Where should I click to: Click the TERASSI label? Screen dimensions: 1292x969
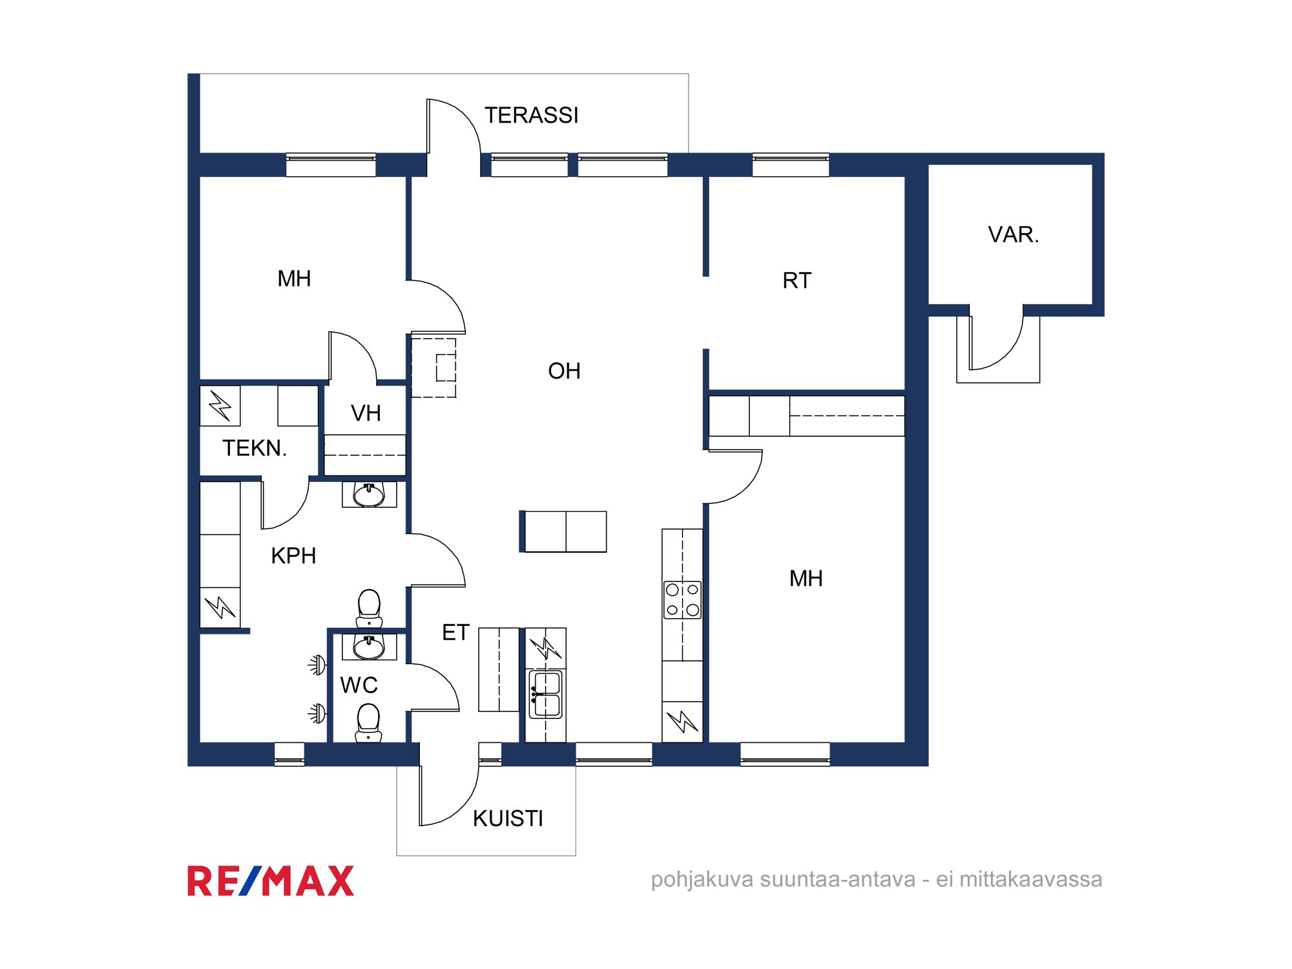(531, 116)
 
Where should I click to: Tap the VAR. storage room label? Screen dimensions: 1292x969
(1013, 234)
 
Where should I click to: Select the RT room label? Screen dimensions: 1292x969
(797, 280)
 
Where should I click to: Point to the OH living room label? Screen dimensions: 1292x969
(564, 371)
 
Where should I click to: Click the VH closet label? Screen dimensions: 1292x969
(366, 413)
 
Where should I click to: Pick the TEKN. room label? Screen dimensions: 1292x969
(255, 448)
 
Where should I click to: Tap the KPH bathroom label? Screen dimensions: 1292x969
(293, 556)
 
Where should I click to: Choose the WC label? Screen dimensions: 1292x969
(359, 685)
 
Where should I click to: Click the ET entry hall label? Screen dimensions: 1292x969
(455, 632)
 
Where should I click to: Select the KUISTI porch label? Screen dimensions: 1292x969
(508, 818)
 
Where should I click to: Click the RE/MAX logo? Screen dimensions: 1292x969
(271, 881)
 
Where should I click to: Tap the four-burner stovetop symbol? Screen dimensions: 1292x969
(682, 600)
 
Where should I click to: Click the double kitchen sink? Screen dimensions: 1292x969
(546, 694)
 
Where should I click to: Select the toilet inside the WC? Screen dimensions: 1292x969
(368, 722)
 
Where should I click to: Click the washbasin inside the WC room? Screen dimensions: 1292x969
(369, 647)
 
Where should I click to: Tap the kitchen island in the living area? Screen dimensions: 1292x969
(563, 532)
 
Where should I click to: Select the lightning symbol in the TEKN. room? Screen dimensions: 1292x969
(220, 406)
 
